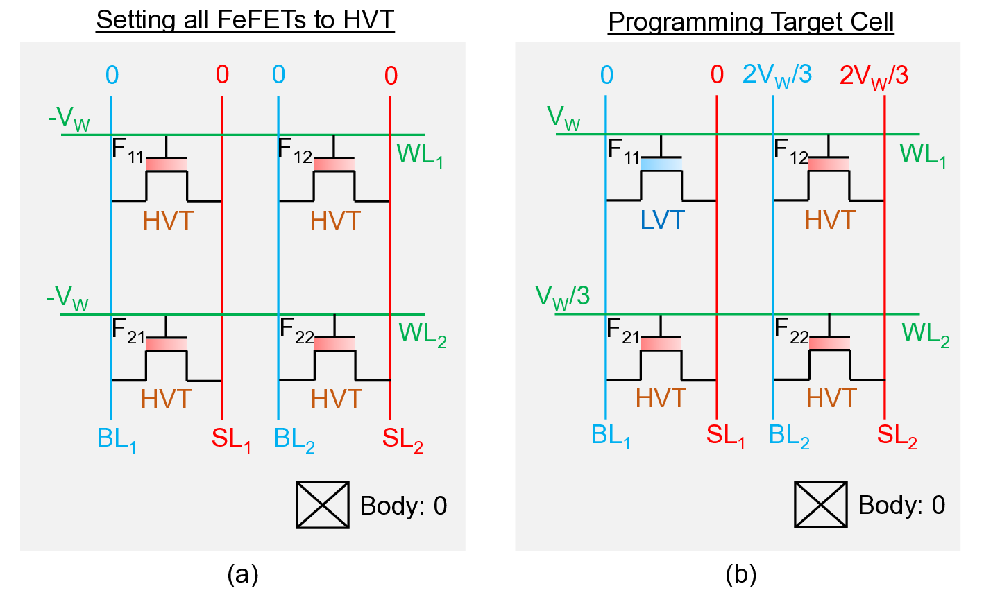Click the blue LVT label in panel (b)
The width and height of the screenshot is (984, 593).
click(x=662, y=220)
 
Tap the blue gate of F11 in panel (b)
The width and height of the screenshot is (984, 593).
click(x=661, y=164)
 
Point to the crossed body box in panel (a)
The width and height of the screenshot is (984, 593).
click(x=323, y=505)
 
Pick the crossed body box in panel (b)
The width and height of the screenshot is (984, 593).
click(x=820, y=505)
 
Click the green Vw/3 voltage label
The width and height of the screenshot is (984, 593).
click(x=562, y=296)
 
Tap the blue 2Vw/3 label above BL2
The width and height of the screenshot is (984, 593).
click(x=777, y=75)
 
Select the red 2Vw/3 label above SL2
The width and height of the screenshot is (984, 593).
click(x=874, y=76)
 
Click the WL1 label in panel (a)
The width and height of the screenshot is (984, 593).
click(x=420, y=155)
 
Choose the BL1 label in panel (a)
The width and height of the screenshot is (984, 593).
click(x=117, y=439)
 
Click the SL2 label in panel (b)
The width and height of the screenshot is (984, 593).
click(x=897, y=436)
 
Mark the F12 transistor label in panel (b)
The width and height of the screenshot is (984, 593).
click(x=790, y=151)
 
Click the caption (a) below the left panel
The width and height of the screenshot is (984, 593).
click(x=242, y=574)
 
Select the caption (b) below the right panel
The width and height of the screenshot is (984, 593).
click(x=740, y=574)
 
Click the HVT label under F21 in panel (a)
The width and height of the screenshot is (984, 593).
click(x=166, y=399)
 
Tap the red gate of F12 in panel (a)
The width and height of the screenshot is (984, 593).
click(x=334, y=164)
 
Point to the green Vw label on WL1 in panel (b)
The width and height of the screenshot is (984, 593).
click(x=564, y=118)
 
